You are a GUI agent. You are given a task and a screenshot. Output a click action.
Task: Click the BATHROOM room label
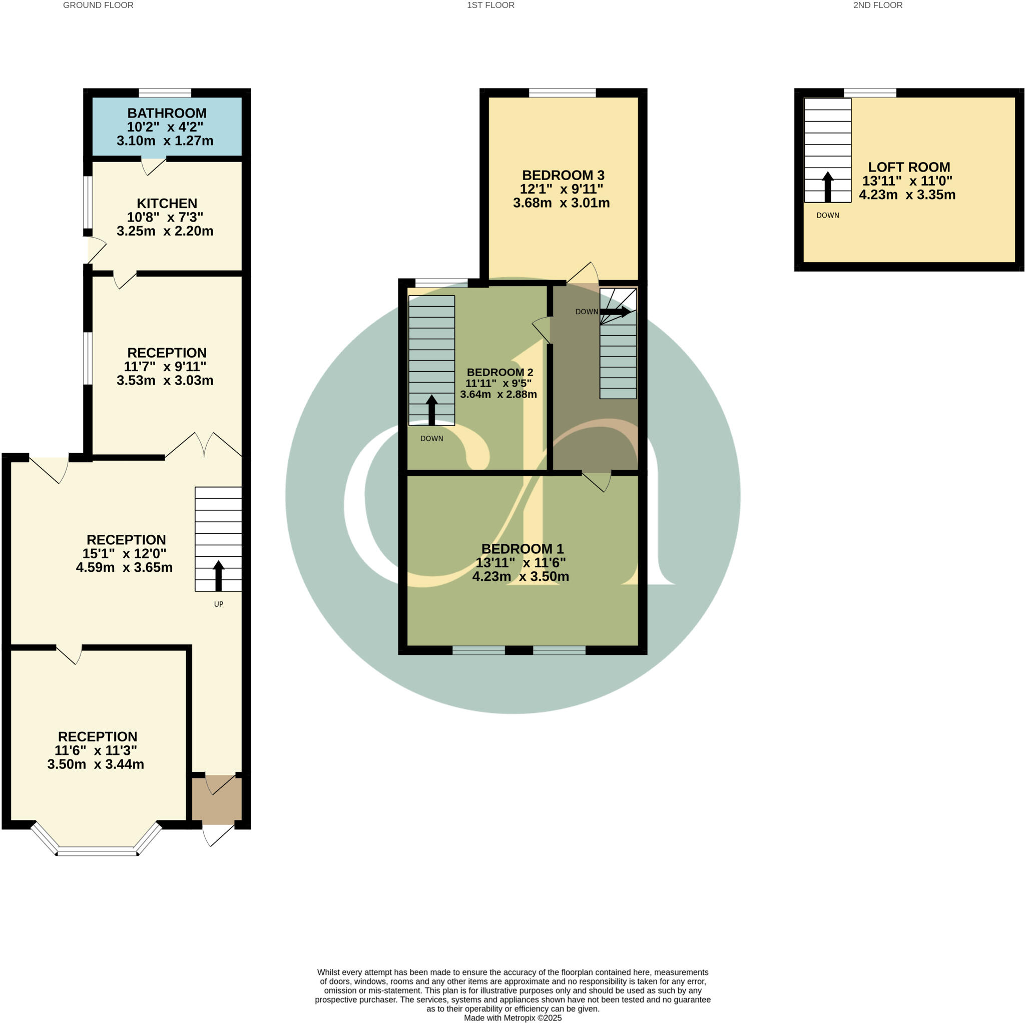167,113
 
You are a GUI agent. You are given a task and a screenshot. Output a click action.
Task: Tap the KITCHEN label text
167,203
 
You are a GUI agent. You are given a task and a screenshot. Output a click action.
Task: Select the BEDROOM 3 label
563,175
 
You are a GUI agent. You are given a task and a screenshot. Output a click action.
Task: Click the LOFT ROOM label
908,167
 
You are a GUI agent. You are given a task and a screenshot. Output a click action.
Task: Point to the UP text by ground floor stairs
219,604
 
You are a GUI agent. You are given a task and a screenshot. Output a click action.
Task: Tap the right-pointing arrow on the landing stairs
616,312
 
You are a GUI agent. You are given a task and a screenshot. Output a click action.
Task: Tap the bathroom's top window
165,93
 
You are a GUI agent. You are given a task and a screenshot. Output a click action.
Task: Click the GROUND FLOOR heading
98,6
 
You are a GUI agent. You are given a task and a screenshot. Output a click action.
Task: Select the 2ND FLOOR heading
877,6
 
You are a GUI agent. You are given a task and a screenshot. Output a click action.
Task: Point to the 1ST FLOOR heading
490,6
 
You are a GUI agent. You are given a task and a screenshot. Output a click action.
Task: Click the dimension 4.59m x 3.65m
124,567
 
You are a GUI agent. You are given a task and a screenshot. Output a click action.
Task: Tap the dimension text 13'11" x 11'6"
521,562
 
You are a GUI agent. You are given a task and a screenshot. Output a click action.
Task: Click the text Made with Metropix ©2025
512,1017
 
